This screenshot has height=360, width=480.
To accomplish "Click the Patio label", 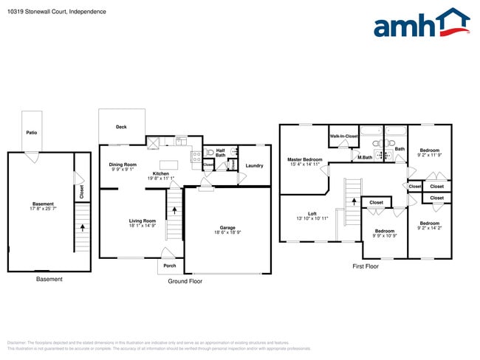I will [x=32, y=133].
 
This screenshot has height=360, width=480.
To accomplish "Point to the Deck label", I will [x=121, y=127].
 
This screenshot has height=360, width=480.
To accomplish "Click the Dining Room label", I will [x=123, y=165].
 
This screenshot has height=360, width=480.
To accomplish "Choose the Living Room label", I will [x=143, y=221].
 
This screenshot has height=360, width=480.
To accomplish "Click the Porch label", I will [x=170, y=266].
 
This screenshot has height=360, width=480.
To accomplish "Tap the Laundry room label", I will [x=254, y=165].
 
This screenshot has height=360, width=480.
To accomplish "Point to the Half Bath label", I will [x=221, y=153].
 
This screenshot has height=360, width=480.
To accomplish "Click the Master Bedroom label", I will [x=305, y=159].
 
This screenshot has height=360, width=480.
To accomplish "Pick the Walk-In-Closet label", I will [x=343, y=136].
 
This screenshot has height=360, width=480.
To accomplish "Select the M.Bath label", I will [x=364, y=157].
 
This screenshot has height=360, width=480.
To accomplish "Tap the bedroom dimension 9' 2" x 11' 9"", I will [x=428, y=155].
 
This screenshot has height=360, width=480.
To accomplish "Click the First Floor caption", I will [x=365, y=266].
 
